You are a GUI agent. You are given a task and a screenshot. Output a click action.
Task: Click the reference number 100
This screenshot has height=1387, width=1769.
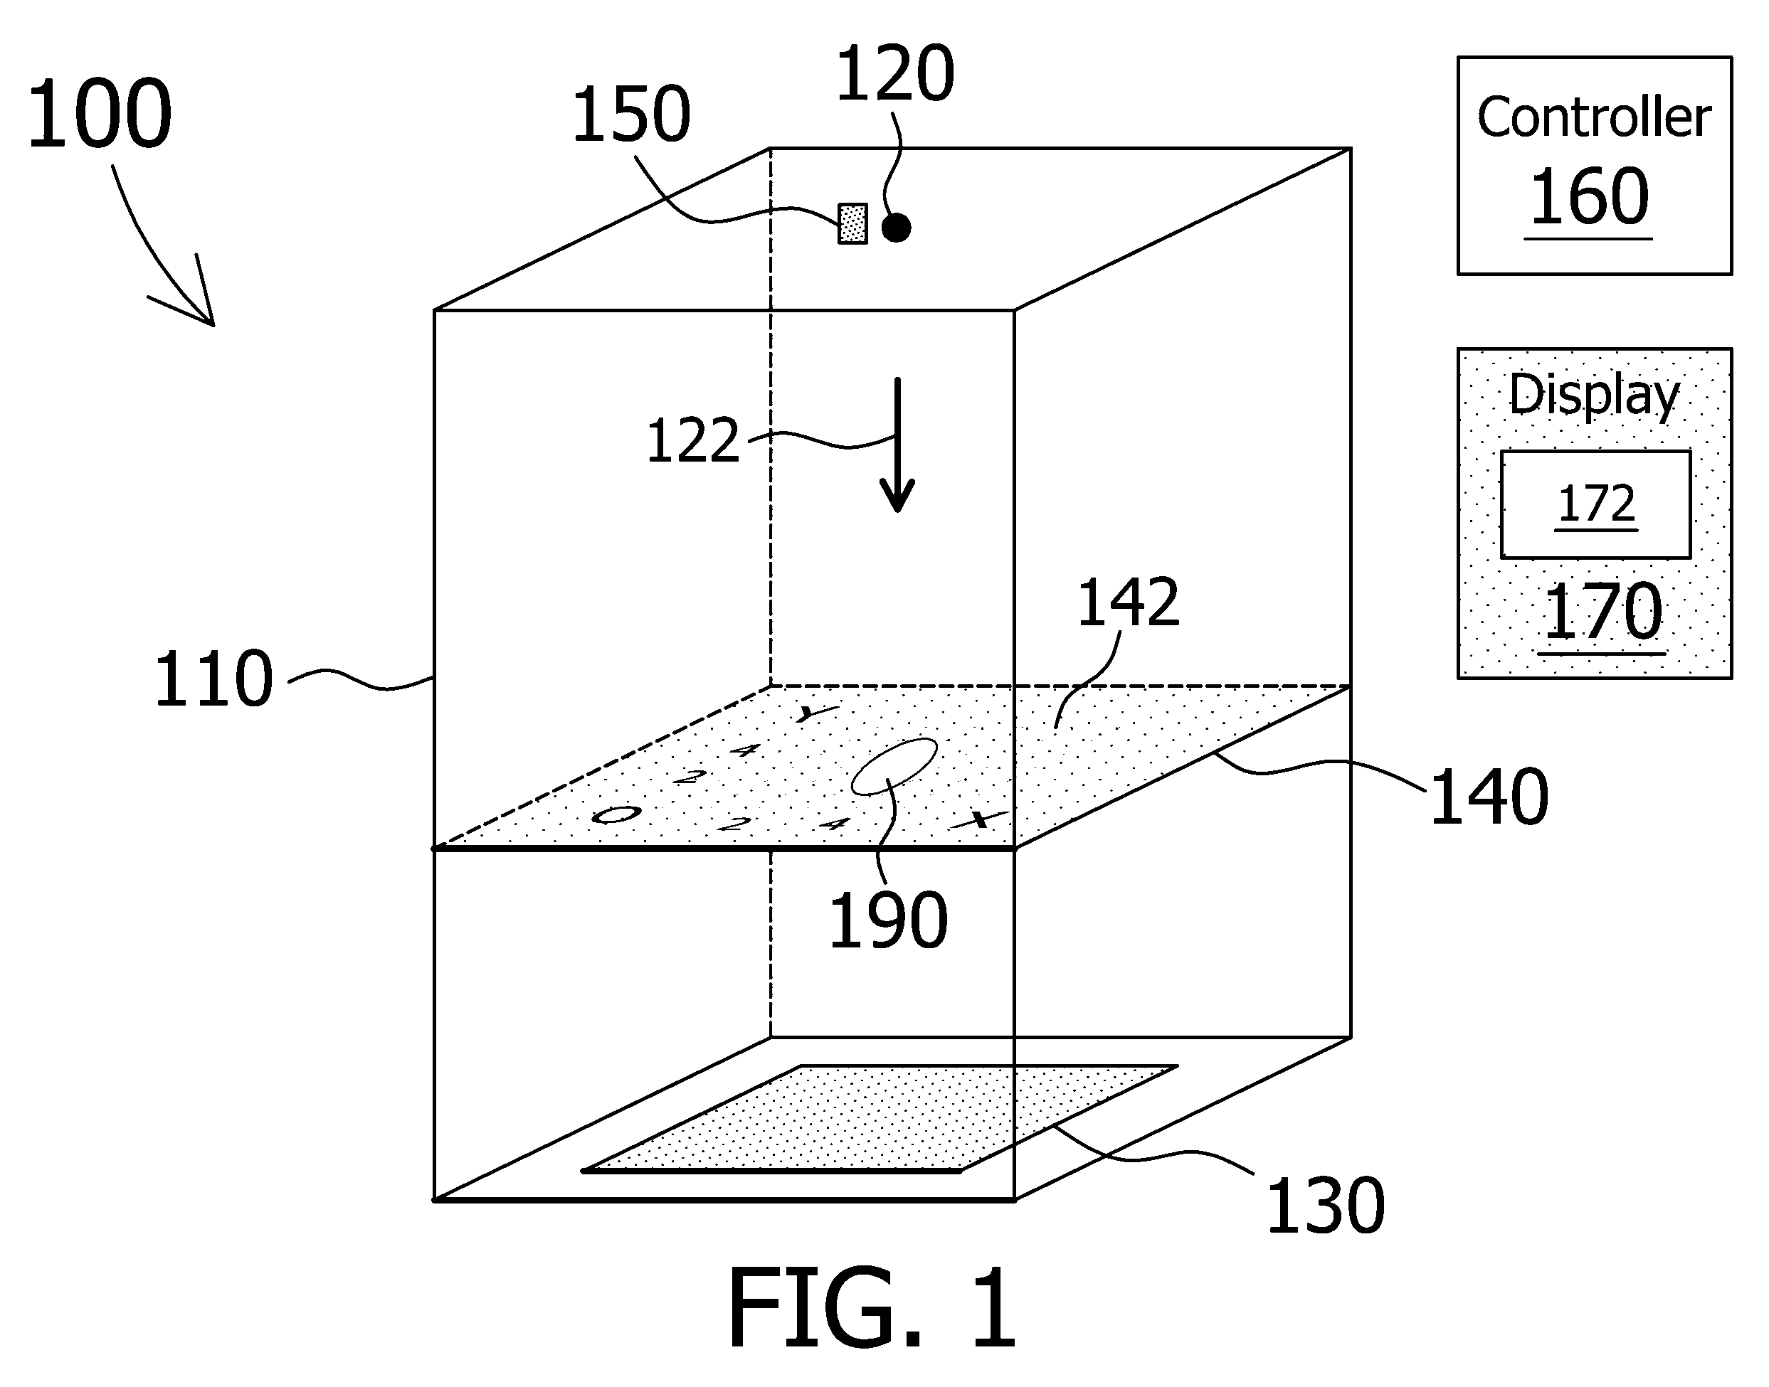tap(99, 115)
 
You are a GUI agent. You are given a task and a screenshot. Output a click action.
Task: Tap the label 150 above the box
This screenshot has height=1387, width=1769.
tap(631, 116)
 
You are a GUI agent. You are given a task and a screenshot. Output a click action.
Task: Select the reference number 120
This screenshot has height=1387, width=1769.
tap(894, 74)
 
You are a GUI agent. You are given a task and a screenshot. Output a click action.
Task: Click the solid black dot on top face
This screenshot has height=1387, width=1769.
tap(896, 228)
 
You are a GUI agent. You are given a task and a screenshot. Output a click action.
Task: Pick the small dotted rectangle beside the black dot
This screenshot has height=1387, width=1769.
tap(852, 223)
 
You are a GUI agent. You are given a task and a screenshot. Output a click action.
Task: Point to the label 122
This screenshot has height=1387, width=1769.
tap(693, 441)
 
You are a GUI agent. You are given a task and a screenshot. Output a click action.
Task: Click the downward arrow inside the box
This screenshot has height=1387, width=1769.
tap(897, 445)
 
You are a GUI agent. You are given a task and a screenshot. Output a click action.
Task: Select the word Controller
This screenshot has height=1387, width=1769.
tap(1593, 118)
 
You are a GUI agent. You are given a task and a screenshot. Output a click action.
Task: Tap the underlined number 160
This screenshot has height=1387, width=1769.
tap(1589, 197)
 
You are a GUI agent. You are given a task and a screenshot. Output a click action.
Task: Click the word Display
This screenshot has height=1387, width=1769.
tap(1593, 395)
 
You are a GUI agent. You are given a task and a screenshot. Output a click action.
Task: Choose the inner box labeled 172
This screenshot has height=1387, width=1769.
tap(1596, 504)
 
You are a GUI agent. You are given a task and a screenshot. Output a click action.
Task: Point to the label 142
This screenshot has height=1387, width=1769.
tap(1128, 602)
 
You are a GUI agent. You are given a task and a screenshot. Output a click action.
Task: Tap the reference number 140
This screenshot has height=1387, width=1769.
tap(1489, 797)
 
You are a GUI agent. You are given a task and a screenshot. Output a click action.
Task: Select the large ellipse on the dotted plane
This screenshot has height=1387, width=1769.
tap(894, 766)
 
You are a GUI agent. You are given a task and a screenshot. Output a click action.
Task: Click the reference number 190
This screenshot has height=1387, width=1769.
tap(888, 920)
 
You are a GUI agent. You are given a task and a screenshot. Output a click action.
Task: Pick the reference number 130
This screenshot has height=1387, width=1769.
tap(1326, 1207)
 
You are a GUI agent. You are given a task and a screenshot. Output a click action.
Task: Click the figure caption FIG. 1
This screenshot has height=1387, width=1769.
tap(872, 1308)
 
